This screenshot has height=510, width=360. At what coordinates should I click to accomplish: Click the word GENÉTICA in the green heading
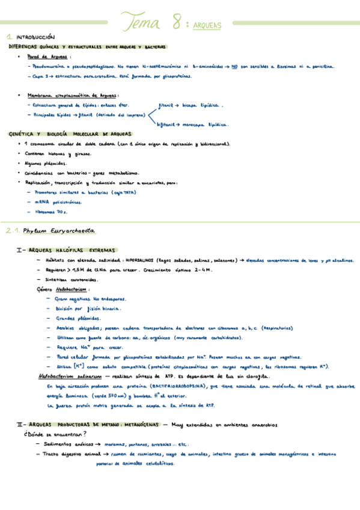(x=22, y=134)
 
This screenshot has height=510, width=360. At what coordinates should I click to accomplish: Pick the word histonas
(x=56, y=154)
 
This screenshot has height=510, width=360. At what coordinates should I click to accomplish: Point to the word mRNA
(x=42, y=202)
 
